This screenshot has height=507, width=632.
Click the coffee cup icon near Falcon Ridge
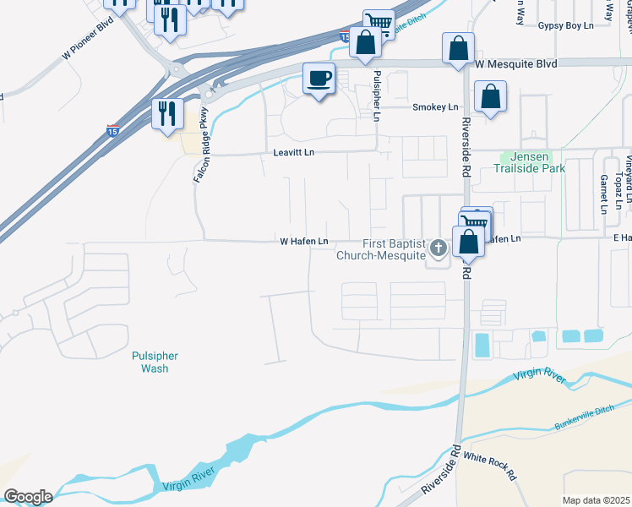319,79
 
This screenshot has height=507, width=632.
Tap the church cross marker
438,248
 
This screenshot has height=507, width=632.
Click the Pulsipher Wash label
150,363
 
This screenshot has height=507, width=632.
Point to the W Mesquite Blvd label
515,63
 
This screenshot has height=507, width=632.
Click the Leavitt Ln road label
294,152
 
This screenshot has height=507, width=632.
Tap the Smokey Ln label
435,107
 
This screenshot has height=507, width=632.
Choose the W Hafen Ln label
304,242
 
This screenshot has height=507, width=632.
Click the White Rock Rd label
491,467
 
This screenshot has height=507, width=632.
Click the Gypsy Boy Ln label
566,26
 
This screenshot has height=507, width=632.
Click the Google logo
28,497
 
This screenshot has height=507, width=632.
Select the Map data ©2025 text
597,500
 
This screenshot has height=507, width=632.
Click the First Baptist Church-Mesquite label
379,249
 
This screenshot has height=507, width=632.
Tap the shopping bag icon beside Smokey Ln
490,96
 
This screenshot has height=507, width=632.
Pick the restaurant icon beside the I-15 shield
167,112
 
